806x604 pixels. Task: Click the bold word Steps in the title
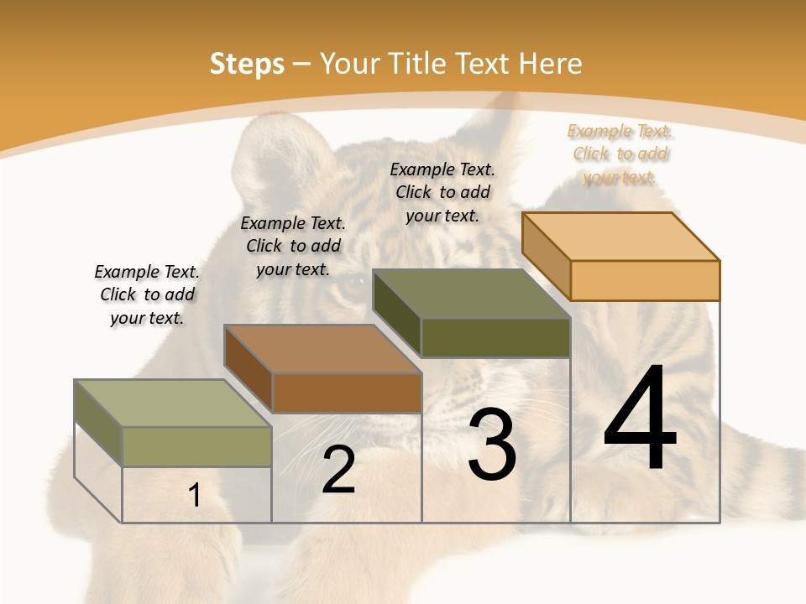(247, 64)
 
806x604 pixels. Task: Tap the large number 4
(640, 419)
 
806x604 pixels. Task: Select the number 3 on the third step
(492, 445)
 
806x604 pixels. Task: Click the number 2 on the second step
(338, 471)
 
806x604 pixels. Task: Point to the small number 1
(195, 496)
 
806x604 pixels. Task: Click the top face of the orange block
(620, 236)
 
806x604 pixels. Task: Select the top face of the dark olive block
(471, 294)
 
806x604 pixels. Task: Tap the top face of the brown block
(322, 349)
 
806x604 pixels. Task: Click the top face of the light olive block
(173, 404)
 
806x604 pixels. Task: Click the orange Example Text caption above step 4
(620, 154)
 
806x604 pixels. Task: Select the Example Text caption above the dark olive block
(442, 192)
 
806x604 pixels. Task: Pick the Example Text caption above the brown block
(293, 246)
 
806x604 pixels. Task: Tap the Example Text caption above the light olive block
(147, 294)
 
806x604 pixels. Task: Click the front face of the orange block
(645, 280)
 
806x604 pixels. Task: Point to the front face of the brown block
(347, 393)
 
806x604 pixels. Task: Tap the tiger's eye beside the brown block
(353, 290)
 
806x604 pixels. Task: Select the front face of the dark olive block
(495, 337)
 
